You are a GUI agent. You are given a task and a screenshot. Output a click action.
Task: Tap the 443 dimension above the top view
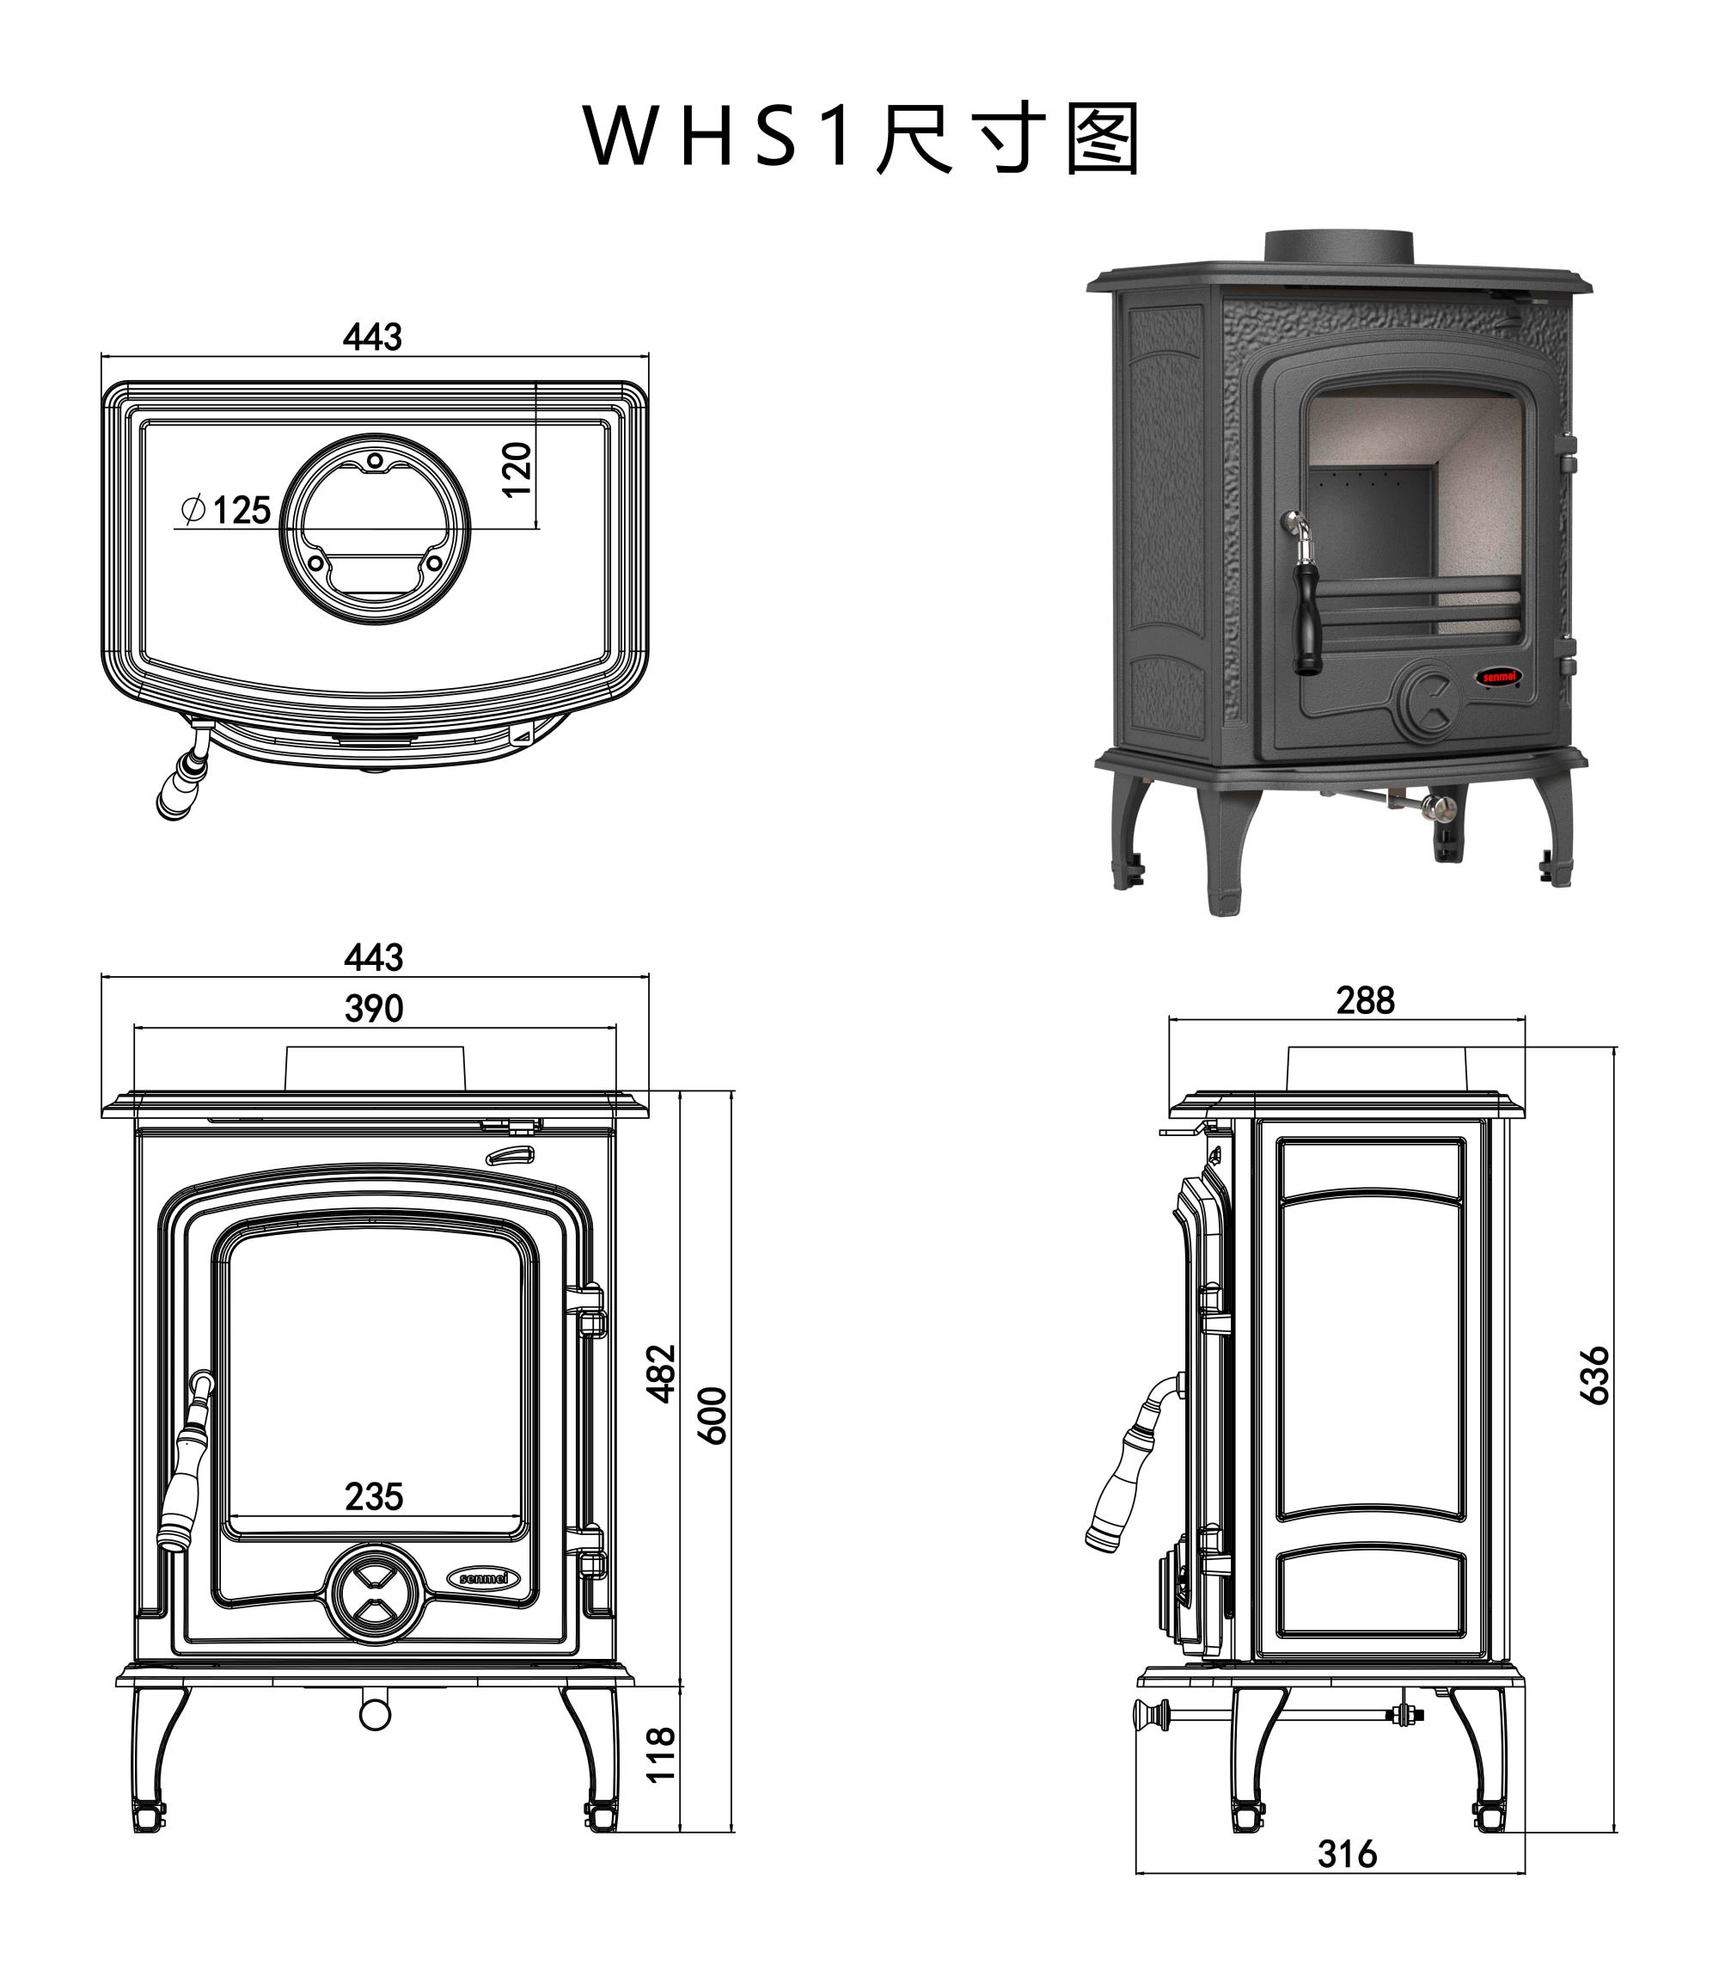[372, 338]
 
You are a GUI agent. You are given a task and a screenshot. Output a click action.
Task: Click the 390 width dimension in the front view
[374, 1009]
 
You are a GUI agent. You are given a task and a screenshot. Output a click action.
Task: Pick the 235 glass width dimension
[374, 1496]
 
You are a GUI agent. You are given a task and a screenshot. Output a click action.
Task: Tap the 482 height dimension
[663, 1373]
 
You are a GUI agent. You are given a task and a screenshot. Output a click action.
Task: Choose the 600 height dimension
[713, 1416]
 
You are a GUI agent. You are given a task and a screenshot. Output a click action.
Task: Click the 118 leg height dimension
[662, 1754]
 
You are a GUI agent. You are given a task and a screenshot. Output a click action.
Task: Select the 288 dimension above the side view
[1365, 1001]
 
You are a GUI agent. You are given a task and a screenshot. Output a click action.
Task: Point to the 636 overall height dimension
[1595, 1375]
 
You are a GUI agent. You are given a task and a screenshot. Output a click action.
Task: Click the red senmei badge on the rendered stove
[1497, 677]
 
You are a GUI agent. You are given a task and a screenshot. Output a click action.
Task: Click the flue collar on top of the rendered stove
[1338, 247]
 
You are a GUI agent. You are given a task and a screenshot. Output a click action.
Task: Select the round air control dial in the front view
[376, 1594]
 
